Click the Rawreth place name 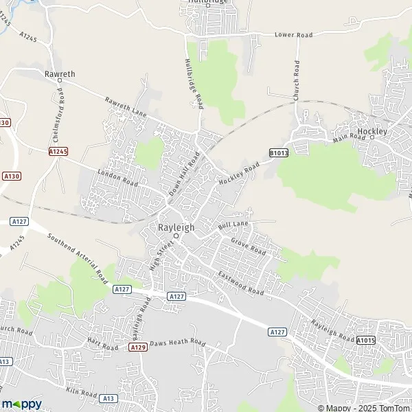[59, 73]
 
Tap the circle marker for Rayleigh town [176, 236]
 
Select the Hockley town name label [371, 130]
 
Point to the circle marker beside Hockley [371, 137]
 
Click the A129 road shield [137, 348]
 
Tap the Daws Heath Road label [177, 342]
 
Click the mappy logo [22, 404]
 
